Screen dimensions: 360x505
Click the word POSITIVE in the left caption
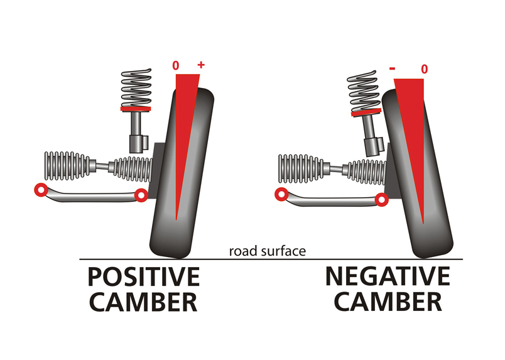(143, 277)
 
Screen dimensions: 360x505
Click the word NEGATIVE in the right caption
(387, 277)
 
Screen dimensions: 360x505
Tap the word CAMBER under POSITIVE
(143, 303)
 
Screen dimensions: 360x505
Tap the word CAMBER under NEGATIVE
(388, 303)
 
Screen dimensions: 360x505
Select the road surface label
(267, 251)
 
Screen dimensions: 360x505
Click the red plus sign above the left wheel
(201, 65)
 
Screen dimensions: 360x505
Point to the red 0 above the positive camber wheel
(176, 65)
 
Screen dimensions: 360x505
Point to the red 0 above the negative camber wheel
(424, 68)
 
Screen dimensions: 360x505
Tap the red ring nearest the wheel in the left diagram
(141, 196)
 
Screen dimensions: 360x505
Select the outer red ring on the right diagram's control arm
(280, 194)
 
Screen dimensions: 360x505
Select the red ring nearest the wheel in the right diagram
(381, 200)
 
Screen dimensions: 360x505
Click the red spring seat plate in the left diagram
(136, 109)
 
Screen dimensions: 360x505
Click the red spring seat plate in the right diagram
(367, 113)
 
